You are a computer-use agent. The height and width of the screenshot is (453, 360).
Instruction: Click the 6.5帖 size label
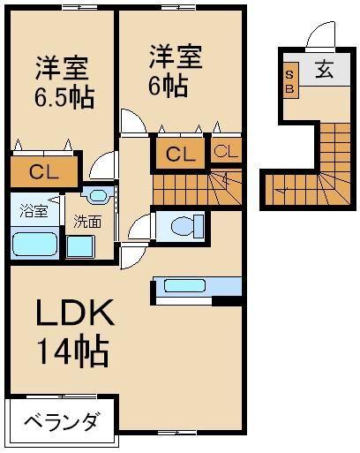(x=64, y=96)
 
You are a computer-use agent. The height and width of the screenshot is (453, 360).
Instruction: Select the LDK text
(x=75, y=312)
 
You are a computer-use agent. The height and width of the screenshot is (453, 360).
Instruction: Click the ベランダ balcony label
(x=61, y=423)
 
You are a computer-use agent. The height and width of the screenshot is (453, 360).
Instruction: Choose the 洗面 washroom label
(x=87, y=222)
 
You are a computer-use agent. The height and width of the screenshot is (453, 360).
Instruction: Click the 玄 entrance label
(x=325, y=70)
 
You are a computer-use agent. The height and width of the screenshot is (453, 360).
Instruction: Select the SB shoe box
(x=290, y=80)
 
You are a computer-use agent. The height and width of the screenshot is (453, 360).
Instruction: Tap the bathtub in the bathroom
(x=35, y=244)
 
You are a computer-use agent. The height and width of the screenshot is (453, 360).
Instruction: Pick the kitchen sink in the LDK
(x=184, y=285)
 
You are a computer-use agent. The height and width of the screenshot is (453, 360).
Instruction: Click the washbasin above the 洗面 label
(x=97, y=195)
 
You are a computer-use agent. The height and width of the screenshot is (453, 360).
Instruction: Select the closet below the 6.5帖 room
(x=44, y=172)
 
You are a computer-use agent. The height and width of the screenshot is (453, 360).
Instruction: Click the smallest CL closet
(x=226, y=151)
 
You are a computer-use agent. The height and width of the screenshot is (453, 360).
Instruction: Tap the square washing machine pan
(x=80, y=246)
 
